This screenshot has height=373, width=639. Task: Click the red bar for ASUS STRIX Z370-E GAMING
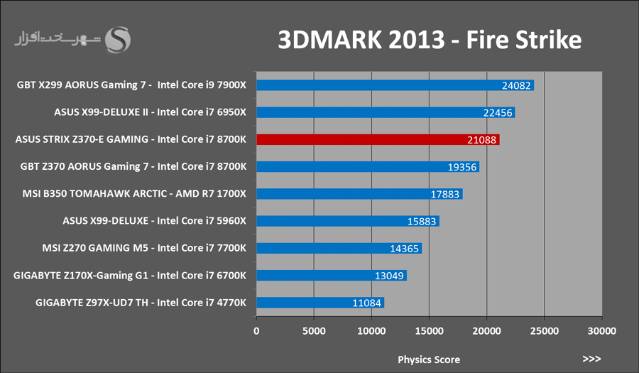click(x=378, y=139)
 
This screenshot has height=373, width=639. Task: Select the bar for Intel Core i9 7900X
click(x=395, y=85)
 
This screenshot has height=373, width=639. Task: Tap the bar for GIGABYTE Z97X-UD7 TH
click(x=320, y=303)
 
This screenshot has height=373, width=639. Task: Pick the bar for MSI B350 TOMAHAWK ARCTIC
click(x=359, y=194)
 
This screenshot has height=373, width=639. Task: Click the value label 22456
click(x=498, y=112)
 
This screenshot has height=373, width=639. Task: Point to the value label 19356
click(x=461, y=167)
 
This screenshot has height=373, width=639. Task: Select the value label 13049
click(x=389, y=276)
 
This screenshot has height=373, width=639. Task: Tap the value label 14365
click(x=404, y=248)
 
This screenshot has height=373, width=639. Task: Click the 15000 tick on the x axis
click(x=429, y=331)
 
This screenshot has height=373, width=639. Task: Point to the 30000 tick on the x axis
click(x=602, y=331)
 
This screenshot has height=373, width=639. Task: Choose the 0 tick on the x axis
click(x=256, y=331)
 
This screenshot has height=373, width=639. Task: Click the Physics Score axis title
click(x=429, y=360)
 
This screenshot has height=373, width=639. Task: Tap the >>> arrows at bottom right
click(x=591, y=359)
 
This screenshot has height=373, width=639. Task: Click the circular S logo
click(x=118, y=40)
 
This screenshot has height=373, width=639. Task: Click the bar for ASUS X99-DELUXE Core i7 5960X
click(x=348, y=221)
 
